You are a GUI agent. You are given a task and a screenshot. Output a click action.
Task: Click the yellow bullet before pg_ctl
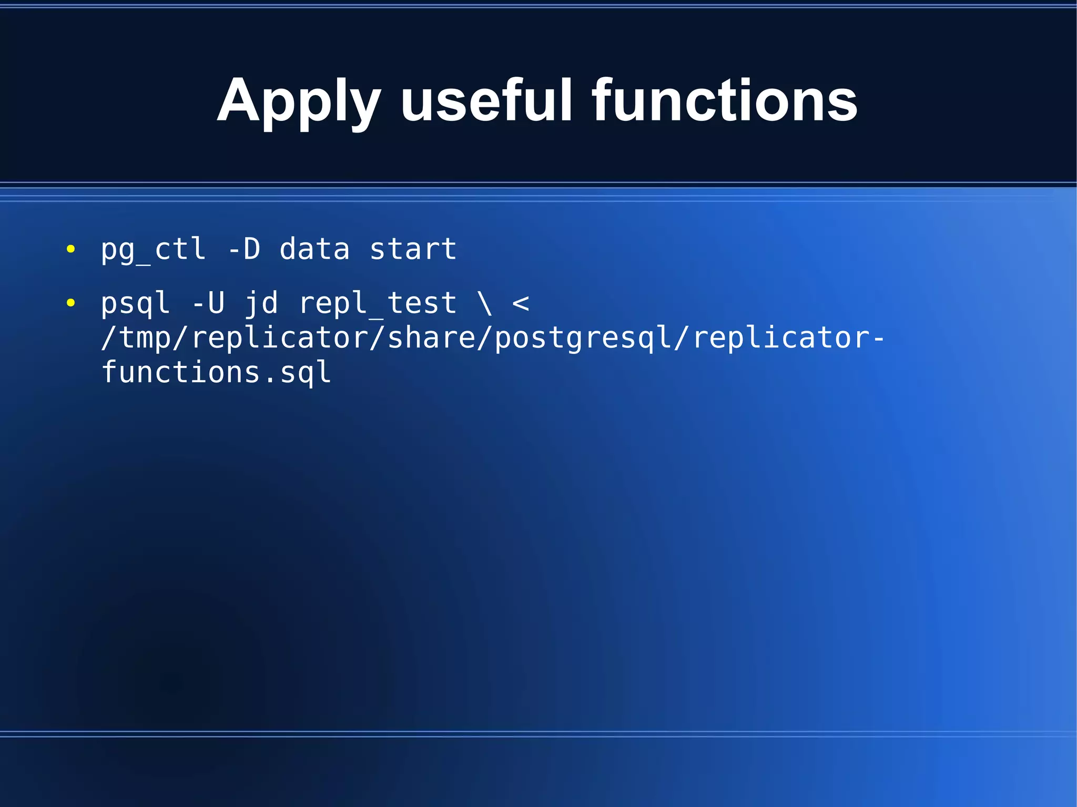point(71,249)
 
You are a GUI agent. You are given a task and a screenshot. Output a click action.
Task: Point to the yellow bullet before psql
point(71,303)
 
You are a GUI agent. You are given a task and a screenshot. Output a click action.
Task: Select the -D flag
point(244,249)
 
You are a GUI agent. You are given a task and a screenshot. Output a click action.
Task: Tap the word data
point(314,249)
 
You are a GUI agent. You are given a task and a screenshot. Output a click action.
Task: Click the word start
point(413,249)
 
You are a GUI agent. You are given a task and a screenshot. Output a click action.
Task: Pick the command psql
point(135,303)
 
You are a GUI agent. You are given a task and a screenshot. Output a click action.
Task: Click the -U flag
point(208,303)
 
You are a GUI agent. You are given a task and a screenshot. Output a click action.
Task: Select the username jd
point(261,303)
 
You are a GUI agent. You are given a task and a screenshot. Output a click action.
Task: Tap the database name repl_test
point(378,303)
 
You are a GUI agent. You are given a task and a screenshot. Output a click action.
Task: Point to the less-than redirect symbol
point(521,303)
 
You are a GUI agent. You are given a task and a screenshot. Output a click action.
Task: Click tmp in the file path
point(146,338)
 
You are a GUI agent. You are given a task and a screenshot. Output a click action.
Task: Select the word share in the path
point(431,338)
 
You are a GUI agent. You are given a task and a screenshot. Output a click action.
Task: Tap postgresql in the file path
point(583,338)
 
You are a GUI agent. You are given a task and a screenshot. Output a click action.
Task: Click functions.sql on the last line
point(216,372)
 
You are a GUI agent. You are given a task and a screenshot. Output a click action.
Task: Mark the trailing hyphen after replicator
point(878,338)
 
